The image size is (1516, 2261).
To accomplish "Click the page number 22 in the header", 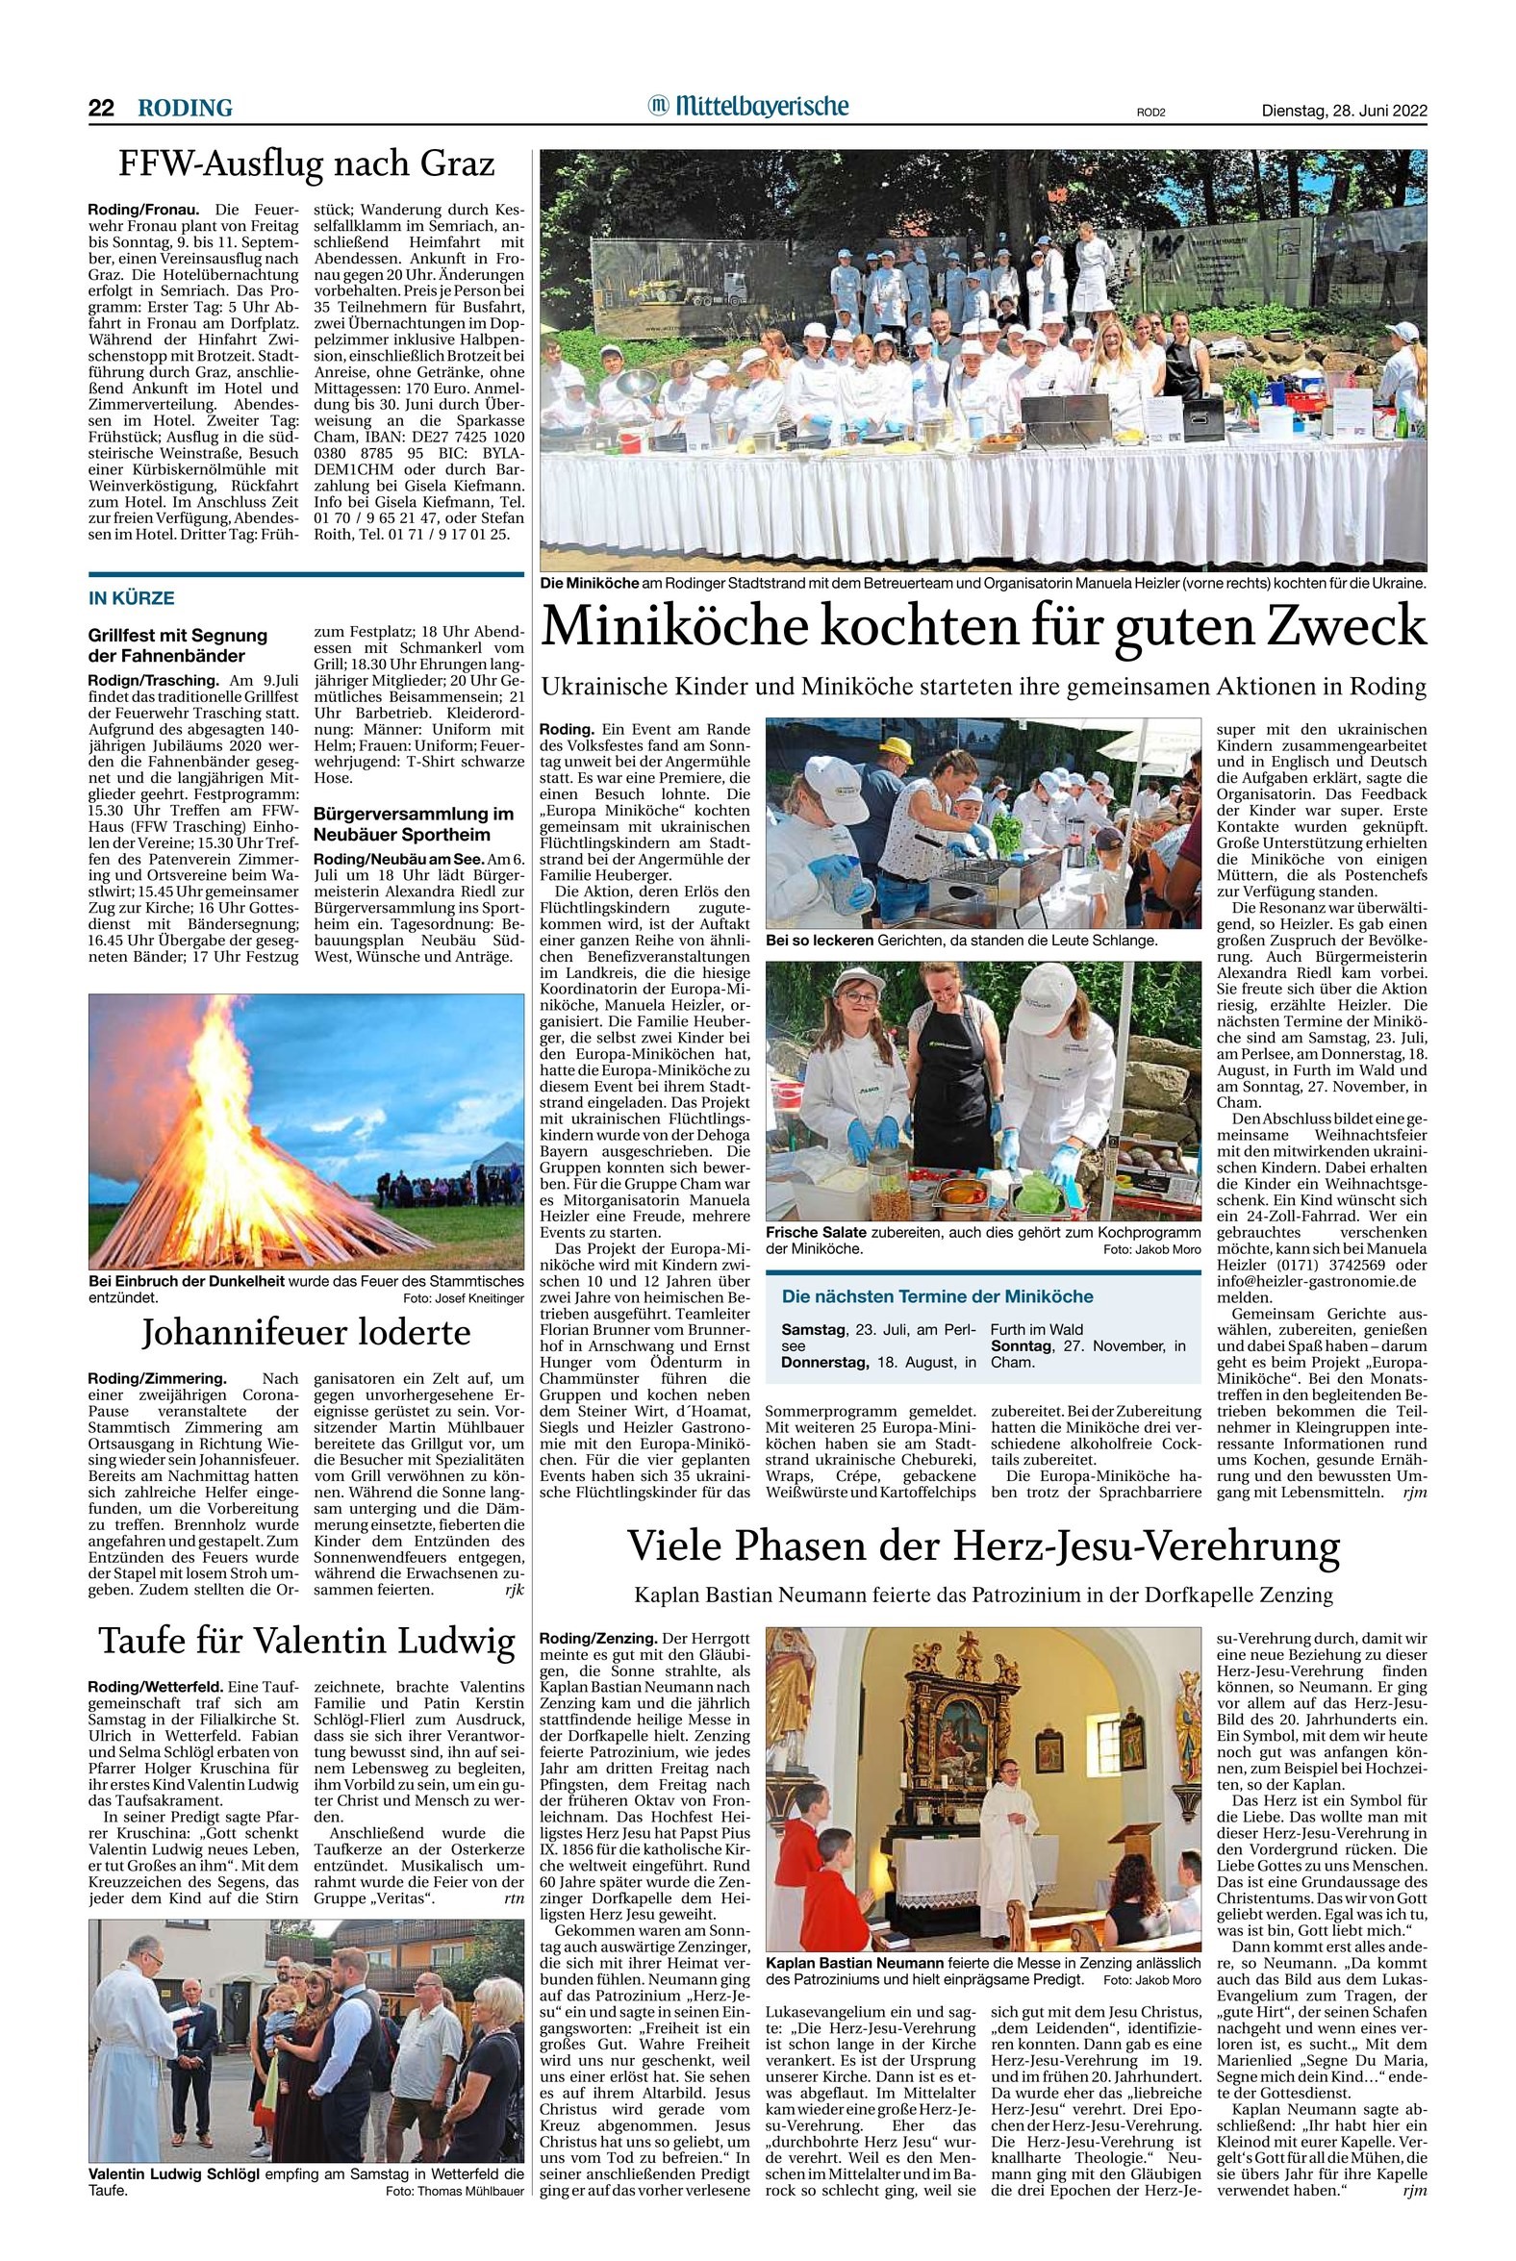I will [101, 109].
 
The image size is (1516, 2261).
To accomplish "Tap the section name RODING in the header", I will [185, 109].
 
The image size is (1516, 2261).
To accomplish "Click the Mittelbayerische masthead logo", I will [748, 106].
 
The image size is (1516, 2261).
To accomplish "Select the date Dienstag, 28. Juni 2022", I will [1344, 111].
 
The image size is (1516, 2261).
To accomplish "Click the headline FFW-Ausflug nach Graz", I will [306, 165].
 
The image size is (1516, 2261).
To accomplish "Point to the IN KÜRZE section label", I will [132, 598].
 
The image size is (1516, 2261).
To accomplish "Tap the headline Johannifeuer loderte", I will [306, 1334].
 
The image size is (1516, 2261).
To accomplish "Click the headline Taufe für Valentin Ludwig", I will [306, 1641].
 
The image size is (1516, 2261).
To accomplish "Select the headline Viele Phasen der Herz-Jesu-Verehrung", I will [983, 1546].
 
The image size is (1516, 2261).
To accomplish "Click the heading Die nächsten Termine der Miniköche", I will [938, 1296].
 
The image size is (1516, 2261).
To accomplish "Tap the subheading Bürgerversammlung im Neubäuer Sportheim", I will [413, 823].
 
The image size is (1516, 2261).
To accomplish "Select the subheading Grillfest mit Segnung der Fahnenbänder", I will [178, 643].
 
